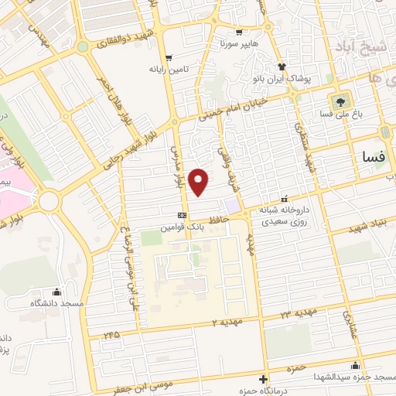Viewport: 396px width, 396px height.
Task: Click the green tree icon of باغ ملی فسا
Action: [339, 101]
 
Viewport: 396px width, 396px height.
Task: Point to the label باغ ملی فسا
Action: [339, 115]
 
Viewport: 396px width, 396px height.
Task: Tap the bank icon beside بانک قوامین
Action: [182, 215]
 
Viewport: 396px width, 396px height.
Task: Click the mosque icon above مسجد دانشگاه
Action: [56, 292]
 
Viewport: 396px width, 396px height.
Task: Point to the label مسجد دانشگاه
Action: [56, 305]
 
